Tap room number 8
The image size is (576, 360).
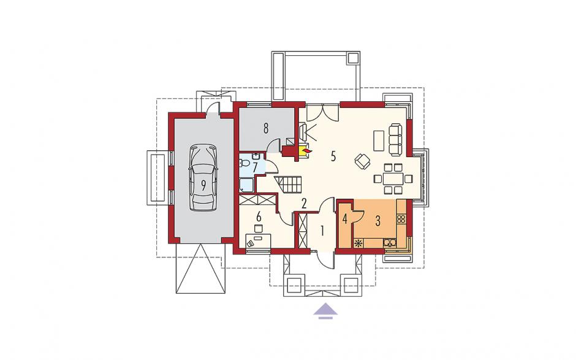click(265, 129)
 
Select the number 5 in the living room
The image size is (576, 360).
click(333, 156)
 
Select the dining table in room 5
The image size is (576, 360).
click(393, 178)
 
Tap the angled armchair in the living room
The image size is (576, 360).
click(363, 161)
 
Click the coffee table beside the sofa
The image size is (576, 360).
click(379, 140)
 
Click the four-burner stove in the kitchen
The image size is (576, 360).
click(400, 219)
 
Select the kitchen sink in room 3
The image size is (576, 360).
click(390, 243)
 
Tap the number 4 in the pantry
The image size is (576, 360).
click(344, 220)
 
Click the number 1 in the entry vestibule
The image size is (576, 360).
click(322, 231)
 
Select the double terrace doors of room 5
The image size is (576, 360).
click(322, 112)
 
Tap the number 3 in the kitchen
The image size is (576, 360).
click(378, 221)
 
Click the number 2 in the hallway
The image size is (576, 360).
click(304, 204)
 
